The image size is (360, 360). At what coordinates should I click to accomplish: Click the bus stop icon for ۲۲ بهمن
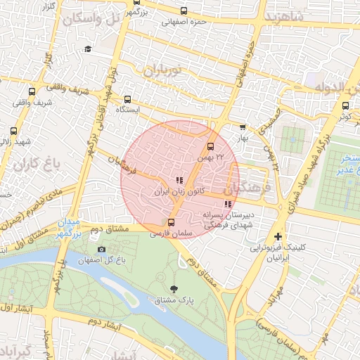click(210, 147)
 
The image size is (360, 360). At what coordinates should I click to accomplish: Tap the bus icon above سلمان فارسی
click(172, 224)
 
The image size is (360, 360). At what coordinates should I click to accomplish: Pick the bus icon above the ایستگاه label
click(127, 99)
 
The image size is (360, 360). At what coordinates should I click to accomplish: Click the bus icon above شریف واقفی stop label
click(31, 91)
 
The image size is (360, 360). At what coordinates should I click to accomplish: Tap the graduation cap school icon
click(88, 49)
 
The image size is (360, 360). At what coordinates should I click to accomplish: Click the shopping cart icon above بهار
click(243, 127)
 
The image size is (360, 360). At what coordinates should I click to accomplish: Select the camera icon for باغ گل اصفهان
click(101, 249)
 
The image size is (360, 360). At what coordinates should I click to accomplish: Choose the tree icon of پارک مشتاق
click(174, 288)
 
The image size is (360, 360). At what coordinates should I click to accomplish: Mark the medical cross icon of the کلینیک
click(279, 236)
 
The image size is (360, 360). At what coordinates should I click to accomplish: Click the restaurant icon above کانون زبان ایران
click(179, 180)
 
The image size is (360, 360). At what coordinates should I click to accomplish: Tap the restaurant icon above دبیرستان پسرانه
click(226, 205)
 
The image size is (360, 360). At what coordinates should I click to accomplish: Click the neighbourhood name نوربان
click(162, 70)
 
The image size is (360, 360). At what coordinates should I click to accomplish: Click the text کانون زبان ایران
click(179, 191)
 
